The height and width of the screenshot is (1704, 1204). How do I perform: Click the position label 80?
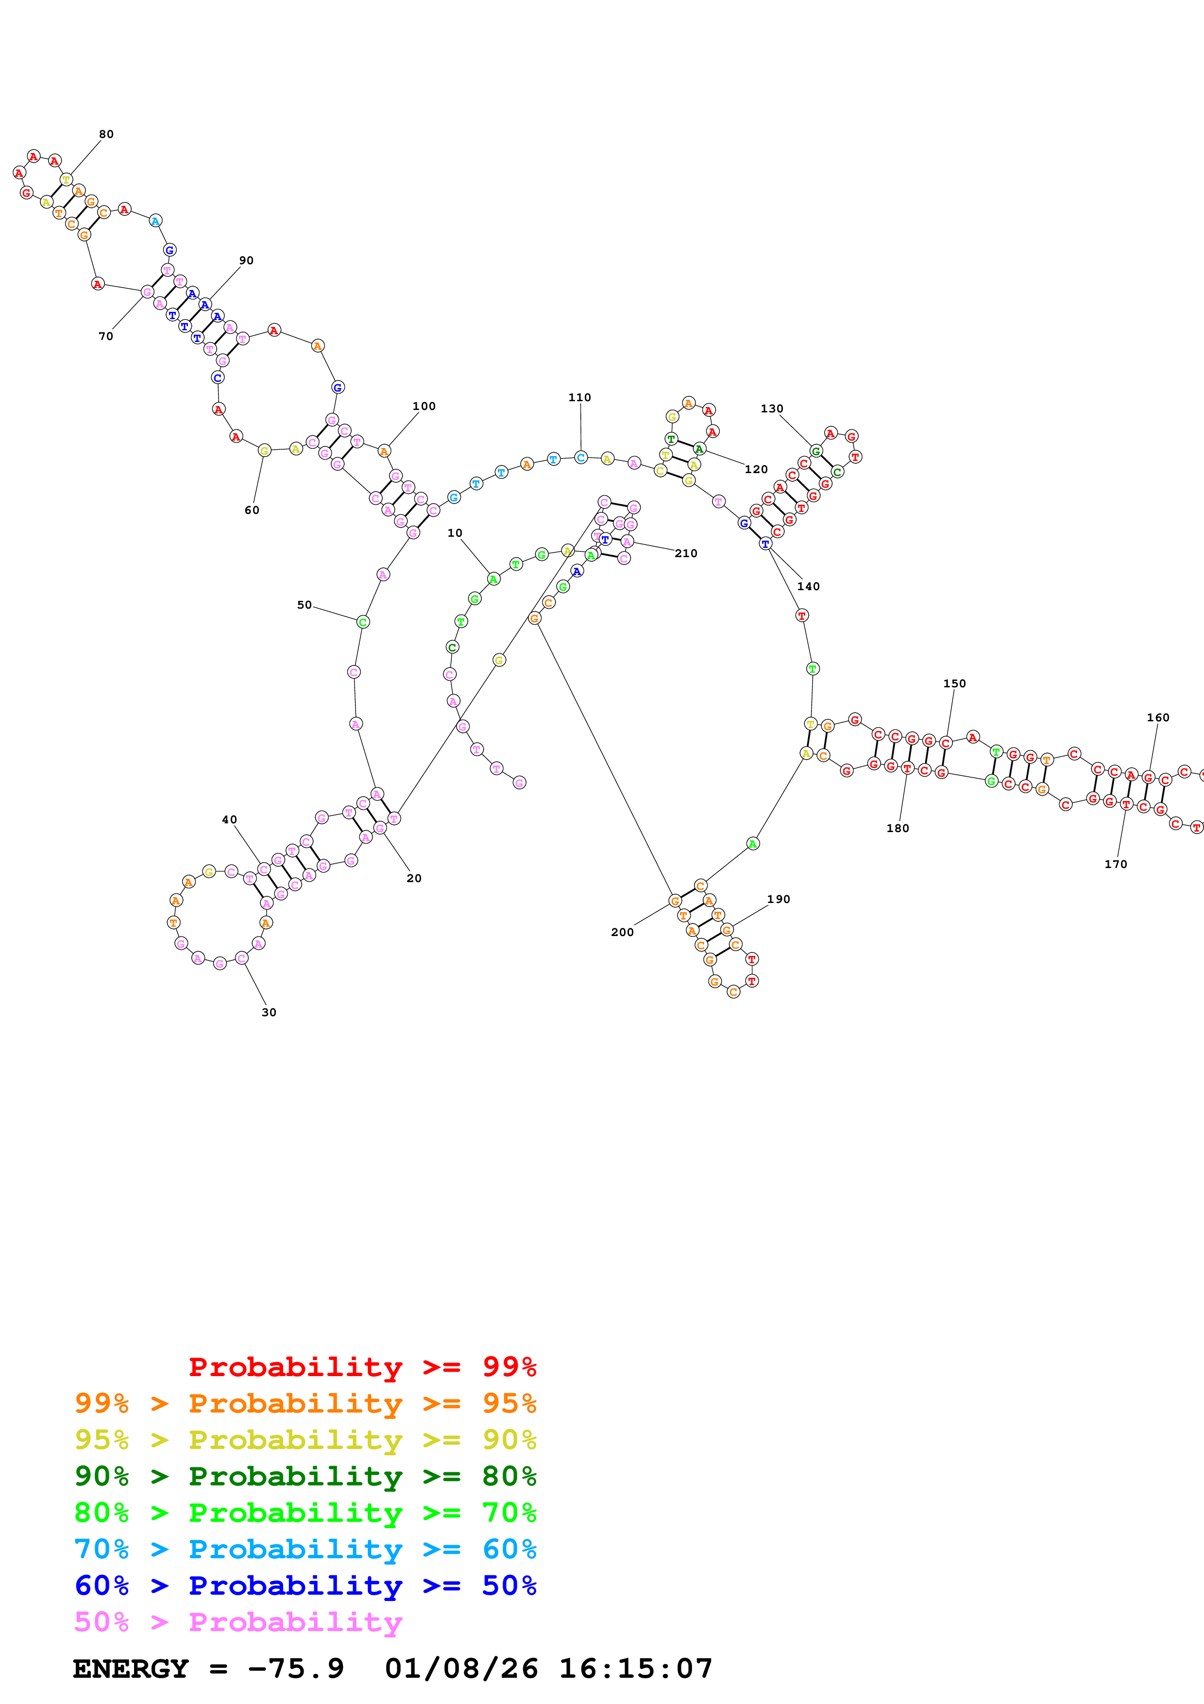point(106,135)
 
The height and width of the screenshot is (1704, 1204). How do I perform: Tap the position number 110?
point(579,398)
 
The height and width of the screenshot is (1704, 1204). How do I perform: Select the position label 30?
point(269,1012)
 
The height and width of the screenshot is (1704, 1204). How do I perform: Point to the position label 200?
point(622,932)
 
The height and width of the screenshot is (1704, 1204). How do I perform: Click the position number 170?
point(1115,864)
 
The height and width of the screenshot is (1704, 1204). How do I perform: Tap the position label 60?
point(252,510)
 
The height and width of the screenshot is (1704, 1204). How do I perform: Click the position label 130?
point(772,409)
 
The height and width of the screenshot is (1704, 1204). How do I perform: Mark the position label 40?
point(229,819)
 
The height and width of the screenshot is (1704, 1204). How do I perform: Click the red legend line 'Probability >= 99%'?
point(362,1367)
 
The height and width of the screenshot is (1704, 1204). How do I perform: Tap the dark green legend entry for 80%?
point(305,1476)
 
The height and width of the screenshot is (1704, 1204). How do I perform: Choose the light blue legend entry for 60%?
point(305,1549)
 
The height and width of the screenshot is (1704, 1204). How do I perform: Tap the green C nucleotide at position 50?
point(363,622)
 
